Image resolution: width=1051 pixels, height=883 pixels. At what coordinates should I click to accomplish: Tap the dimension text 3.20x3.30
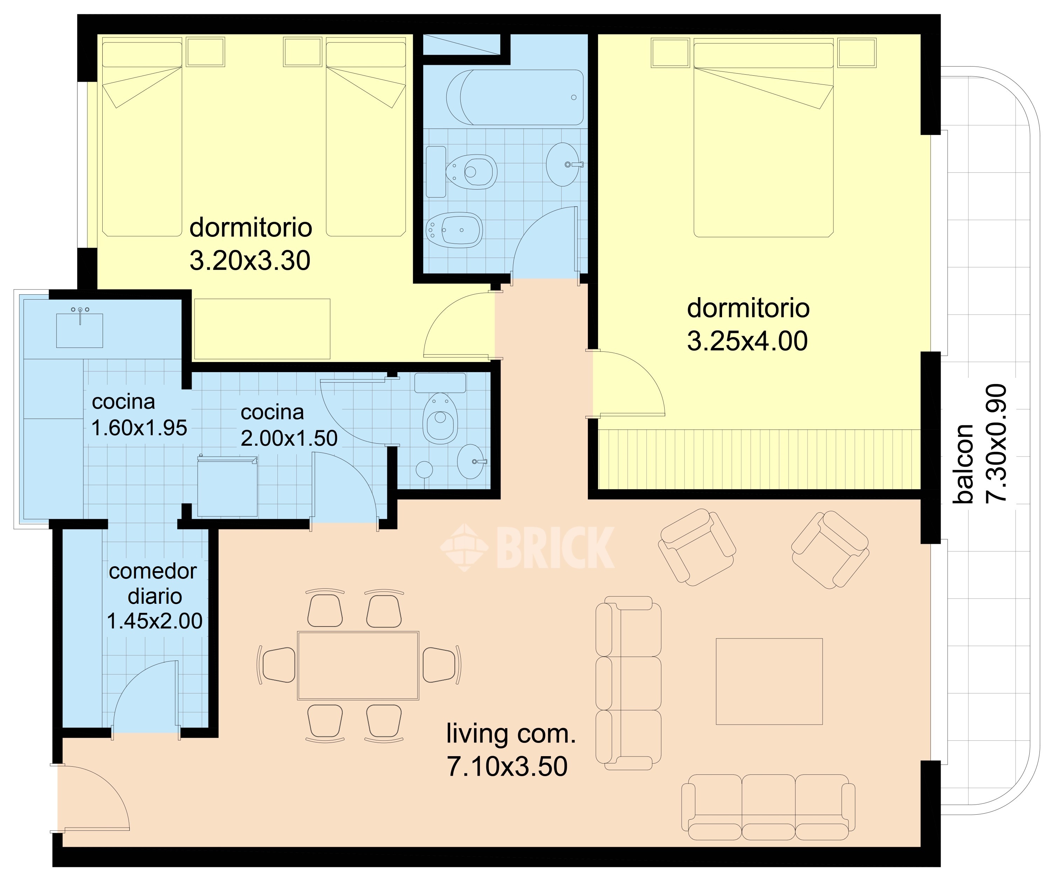[250, 261]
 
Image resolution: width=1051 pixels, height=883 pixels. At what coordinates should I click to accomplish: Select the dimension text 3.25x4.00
[747, 341]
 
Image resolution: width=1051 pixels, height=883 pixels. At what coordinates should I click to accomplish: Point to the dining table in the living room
[358, 665]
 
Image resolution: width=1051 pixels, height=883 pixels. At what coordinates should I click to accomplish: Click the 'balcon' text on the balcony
[963, 464]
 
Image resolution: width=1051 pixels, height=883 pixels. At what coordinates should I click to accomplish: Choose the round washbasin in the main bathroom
[564, 164]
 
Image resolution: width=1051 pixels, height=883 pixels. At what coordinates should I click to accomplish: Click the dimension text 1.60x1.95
[140, 428]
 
